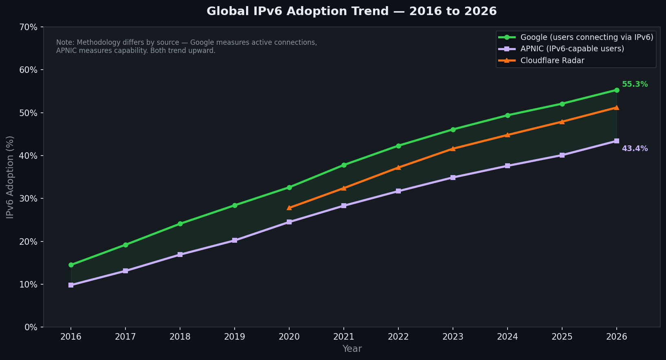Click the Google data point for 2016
tap(71, 265)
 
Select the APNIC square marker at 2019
tap(235, 240)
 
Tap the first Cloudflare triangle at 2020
tap(289, 208)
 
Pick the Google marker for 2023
tap(453, 130)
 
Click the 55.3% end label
tap(635, 84)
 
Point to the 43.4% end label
tap(635, 149)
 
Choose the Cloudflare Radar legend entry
tap(552, 61)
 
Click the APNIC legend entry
tap(572, 49)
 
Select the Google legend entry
tap(587, 37)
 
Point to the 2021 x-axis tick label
tap(343, 337)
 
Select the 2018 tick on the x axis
tap(180, 337)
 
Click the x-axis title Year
tap(352, 349)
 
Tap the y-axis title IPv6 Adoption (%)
tap(10, 177)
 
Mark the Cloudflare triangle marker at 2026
tap(616, 108)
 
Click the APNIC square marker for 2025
tap(562, 155)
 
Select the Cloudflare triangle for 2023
tap(453, 149)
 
